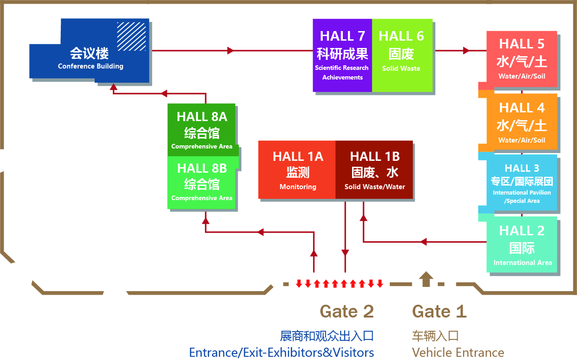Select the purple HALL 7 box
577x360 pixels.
(342, 55)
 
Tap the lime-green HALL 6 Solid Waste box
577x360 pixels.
(402, 55)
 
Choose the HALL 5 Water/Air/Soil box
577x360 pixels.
(522, 59)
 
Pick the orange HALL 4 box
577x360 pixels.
(522, 122)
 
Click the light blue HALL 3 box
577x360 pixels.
(522, 183)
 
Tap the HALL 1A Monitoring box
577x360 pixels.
(297, 170)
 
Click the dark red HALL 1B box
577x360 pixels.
(374, 170)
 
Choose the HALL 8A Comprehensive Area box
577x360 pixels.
(202, 130)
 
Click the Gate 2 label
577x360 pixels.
(347, 312)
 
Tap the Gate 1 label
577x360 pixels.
(439, 312)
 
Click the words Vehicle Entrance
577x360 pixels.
(458, 353)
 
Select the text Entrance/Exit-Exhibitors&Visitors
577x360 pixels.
(281, 353)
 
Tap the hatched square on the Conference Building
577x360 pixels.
(131, 37)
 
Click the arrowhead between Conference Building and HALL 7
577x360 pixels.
(231, 50)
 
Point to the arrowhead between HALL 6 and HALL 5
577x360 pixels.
(466, 50)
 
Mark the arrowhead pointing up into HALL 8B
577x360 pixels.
(206, 220)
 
